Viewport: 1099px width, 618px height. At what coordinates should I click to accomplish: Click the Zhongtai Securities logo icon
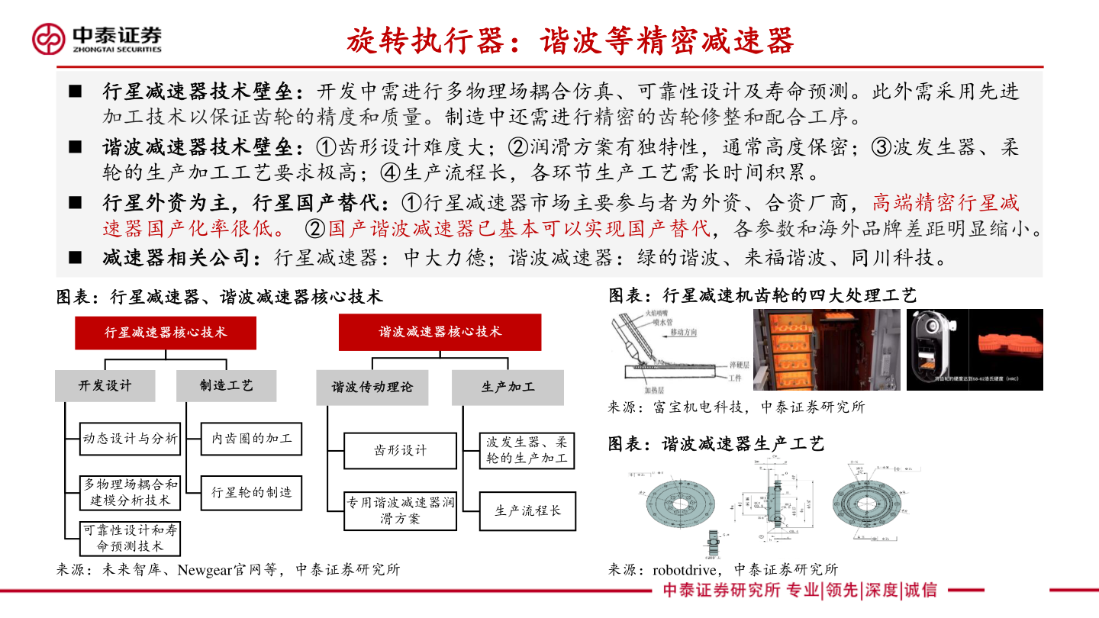tap(49, 39)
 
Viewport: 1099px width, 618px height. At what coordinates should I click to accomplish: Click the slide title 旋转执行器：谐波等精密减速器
tap(570, 40)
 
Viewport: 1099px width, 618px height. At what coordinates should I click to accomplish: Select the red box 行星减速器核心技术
tap(166, 332)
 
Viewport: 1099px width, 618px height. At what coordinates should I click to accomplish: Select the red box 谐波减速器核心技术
tap(440, 332)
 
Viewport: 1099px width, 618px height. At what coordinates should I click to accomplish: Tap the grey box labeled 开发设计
tap(105, 385)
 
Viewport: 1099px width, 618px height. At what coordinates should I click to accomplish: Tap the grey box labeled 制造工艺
tap(226, 385)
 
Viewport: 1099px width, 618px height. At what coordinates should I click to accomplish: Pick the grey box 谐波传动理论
tap(372, 387)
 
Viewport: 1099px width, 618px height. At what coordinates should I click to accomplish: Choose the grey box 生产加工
tap(508, 387)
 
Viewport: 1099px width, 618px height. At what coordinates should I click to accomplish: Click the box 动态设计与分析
tap(131, 439)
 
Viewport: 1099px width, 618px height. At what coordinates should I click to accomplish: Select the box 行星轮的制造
tap(251, 492)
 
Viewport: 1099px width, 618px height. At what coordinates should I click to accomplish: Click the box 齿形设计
tap(400, 450)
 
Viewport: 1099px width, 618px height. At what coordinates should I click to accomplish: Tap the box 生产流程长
tap(527, 510)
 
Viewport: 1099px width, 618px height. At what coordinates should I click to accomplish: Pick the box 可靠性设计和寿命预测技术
tap(131, 538)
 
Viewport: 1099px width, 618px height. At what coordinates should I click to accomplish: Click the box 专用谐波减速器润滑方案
tap(400, 510)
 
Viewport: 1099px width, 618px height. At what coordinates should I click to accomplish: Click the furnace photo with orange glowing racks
tap(827, 349)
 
